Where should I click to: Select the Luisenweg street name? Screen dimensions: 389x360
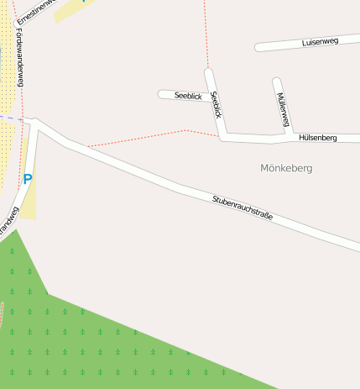(319, 41)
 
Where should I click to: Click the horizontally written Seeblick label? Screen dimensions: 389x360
(188, 97)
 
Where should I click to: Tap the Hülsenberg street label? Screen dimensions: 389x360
(317, 137)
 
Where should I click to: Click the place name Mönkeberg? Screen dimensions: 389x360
(286, 168)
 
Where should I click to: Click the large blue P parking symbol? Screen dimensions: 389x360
(27, 179)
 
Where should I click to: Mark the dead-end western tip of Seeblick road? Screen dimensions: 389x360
(161, 94)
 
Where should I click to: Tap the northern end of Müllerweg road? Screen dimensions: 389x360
(276, 81)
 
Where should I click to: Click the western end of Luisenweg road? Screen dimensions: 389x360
(258, 48)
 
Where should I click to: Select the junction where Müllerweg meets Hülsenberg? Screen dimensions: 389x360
(289, 134)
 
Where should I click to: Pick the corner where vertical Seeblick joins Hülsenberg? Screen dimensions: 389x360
(222, 136)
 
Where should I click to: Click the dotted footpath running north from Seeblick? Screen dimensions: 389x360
(205, 34)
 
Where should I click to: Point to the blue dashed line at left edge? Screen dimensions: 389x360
(8, 118)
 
